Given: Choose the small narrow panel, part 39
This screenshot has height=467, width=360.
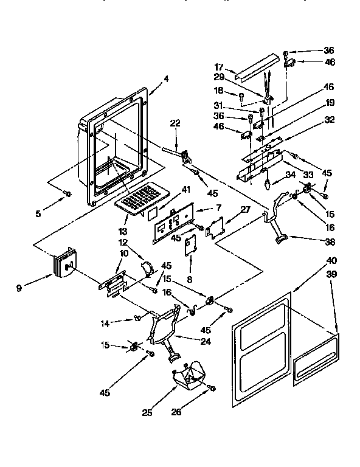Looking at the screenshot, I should click(x=315, y=364).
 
